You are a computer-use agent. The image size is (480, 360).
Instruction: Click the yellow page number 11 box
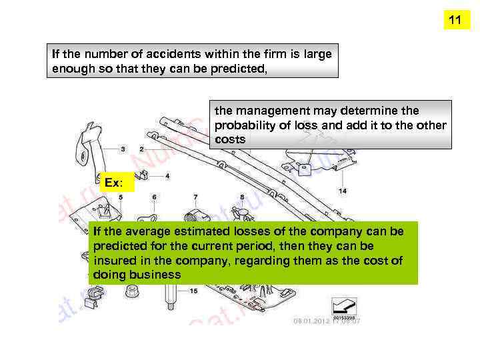click(x=455, y=21)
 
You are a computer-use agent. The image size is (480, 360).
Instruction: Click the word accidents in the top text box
click(x=160, y=55)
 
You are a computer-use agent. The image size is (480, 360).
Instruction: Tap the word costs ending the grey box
click(x=230, y=140)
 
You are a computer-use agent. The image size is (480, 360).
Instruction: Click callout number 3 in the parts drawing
click(x=122, y=149)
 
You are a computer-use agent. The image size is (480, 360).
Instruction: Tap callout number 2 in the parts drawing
click(x=141, y=149)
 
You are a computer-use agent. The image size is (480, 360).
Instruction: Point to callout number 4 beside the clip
click(x=167, y=176)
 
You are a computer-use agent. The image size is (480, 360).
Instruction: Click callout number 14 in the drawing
click(x=343, y=191)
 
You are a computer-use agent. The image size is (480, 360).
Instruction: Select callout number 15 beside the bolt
click(x=193, y=291)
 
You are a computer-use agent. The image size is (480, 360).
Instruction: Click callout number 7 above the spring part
click(x=195, y=197)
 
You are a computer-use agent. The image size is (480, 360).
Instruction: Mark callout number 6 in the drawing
click(x=154, y=197)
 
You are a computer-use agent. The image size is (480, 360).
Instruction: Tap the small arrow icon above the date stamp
click(x=345, y=306)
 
